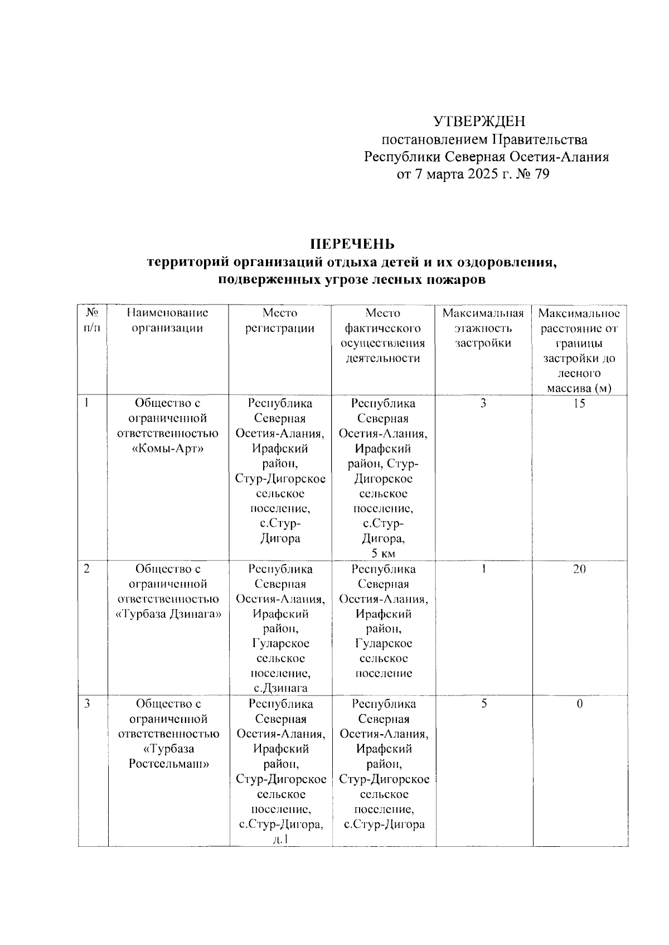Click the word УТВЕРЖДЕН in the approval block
(x=479, y=121)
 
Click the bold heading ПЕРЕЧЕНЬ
(x=352, y=244)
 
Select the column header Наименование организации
(x=167, y=320)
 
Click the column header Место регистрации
(x=280, y=320)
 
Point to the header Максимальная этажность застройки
(x=483, y=328)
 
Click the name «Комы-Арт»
(x=168, y=449)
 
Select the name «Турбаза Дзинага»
(x=168, y=614)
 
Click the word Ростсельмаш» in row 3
(x=168, y=764)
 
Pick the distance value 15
(x=579, y=403)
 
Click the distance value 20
(x=579, y=569)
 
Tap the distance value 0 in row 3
(x=579, y=704)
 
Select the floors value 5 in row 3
(x=484, y=704)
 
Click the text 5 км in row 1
(x=383, y=553)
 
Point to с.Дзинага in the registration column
(x=280, y=688)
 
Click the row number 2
(x=87, y=569)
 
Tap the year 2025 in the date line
(x=473, y=175)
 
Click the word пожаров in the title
(x=455, y=279)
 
